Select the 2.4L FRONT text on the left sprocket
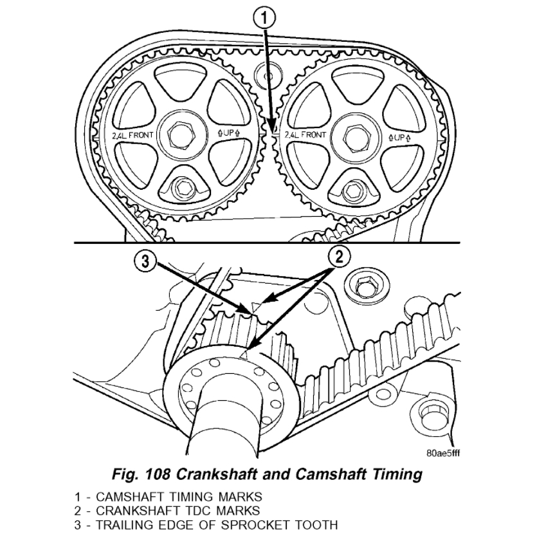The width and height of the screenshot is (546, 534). pos(127,136)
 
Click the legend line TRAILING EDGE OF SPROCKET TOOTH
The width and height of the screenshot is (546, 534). pos(205,520)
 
